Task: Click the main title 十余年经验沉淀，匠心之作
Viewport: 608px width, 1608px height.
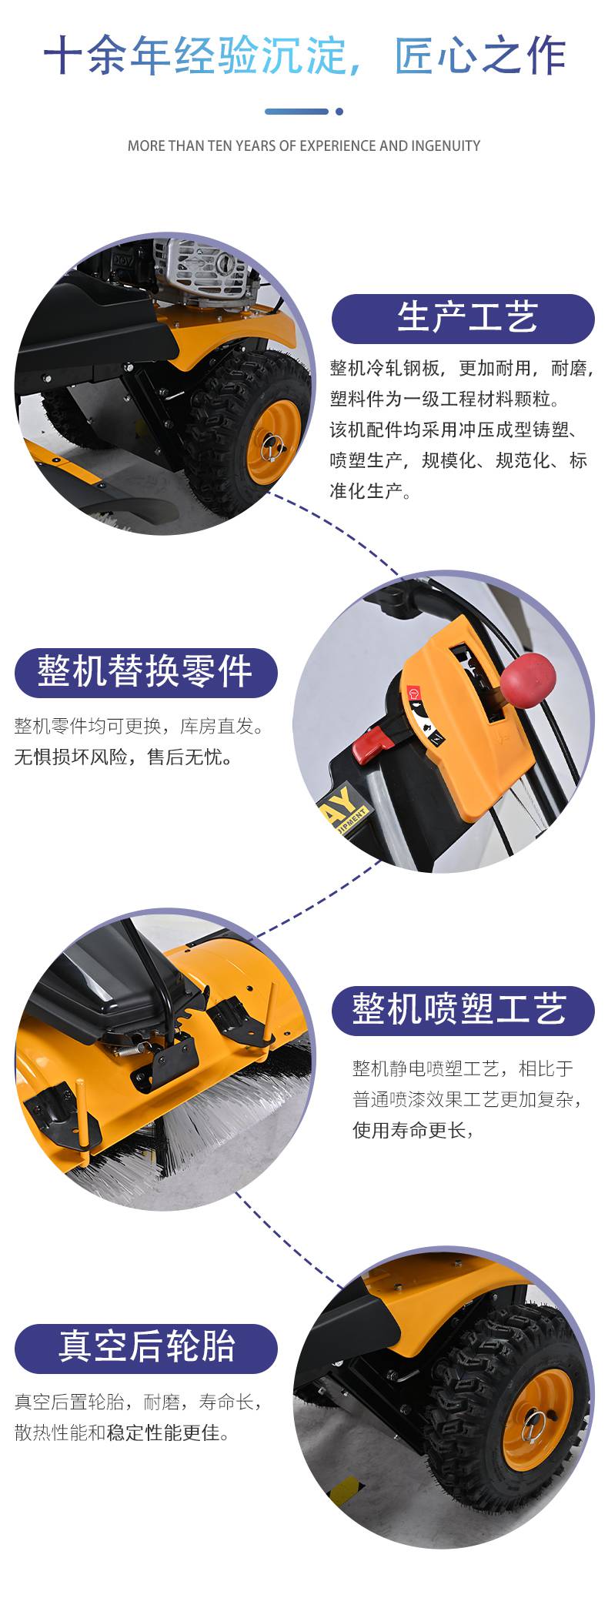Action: click(304, 55)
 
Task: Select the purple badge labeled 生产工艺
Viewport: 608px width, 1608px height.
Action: click(463, 318)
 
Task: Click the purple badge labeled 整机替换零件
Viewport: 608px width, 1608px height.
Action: click(145, 672)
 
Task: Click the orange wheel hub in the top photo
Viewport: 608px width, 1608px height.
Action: click(273, 443)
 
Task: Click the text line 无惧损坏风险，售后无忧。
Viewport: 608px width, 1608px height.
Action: click(124, 757)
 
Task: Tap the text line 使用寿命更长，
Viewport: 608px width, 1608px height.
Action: click(412, 1130)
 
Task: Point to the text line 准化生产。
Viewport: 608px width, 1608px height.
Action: click(370, 491)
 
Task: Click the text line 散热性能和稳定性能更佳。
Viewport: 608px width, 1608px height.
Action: click(123, 1433)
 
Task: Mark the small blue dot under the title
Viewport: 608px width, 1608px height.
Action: click(339, 112)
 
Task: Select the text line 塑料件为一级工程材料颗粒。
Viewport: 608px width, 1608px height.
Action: click(446, 399)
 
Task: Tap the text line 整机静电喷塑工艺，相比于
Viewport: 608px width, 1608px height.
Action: click(463, 1068)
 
